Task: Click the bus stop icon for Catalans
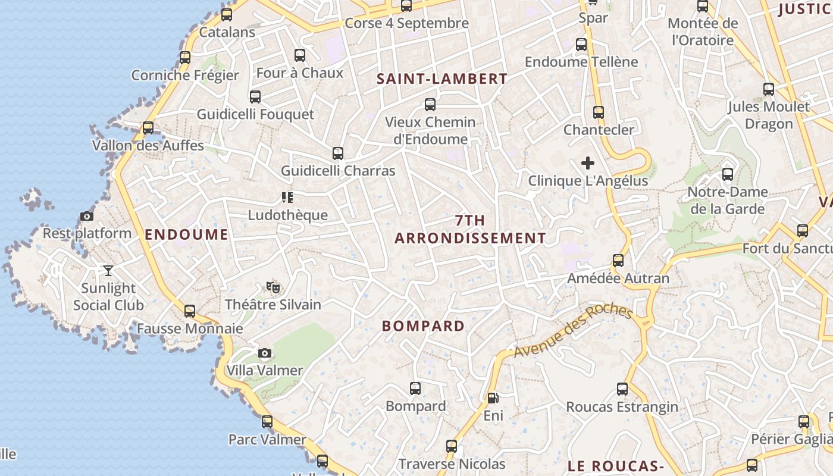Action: tap(227, 15)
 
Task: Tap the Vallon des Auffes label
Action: tap(148, 145)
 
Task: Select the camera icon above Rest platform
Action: tap(87, 216)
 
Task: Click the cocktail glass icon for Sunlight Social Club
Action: tap(108, 271)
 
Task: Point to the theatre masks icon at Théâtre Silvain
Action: tap(273, 288)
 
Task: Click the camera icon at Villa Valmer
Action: tap(265, 353)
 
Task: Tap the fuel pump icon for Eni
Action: tap(493, 398)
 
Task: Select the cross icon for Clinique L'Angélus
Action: tap(588, 162)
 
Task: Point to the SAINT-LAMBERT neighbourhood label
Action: tap(442, 79)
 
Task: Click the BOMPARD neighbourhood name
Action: tap(423, 326)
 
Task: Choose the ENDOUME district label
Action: tap(186, 234)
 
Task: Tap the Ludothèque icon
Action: tap(287, 198)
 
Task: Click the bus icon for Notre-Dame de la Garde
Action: tap(728, 174)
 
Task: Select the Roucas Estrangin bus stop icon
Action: tap(622, 389)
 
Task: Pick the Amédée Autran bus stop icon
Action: tap(618, 261)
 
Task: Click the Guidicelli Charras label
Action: tap(338, 171)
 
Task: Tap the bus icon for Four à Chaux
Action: tap(300, 55)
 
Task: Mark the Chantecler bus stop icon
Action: tap(599, 112)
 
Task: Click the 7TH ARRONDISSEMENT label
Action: tap(470, 230)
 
